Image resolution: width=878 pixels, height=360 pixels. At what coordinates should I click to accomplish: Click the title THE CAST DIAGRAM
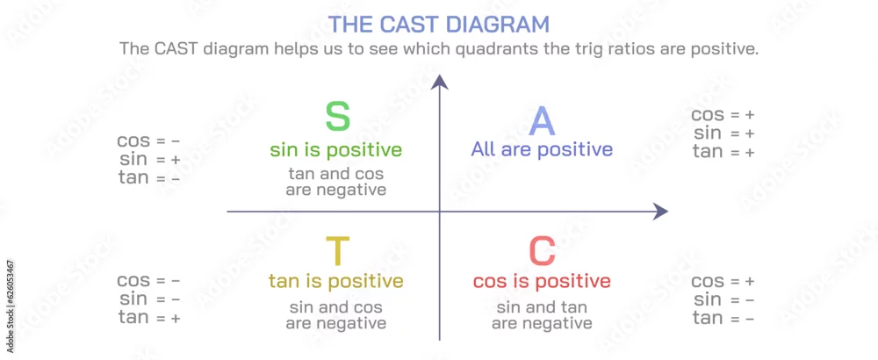pyautogui.click(x=438, y=24)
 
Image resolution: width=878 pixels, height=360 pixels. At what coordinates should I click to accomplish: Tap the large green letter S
pyautogui.click(x=338, y=117)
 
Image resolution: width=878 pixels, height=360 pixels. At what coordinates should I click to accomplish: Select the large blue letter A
pyautogui.click(x=542, y=121)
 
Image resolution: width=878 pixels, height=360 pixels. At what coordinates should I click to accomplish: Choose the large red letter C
pyautogui.click(x=542, y=251)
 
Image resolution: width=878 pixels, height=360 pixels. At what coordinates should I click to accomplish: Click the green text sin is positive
pyautogui.click(x=336, y=150)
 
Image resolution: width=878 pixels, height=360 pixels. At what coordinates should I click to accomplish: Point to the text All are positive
pyautogui.click(x=542, y=149)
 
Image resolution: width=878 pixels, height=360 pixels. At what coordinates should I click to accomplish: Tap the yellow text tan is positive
pyautogui.click(x=336, y=280)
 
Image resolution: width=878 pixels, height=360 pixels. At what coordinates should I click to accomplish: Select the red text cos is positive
pyautogui.click(x=542, y=280)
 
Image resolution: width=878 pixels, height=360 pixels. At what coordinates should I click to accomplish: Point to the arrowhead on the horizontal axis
pyautogui.click(x=661, y=212)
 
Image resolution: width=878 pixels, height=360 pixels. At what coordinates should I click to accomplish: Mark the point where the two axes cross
pyautogui.click(x=440, y=212)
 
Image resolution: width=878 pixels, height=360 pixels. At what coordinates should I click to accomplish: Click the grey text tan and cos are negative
pyautogui.click(x=336, y=182)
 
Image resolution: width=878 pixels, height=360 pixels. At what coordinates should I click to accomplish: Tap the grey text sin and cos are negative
pyautogui.click(x=336, y=315)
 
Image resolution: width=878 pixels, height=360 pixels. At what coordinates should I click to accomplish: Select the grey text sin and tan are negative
pyautogui.click(x=542, y=315)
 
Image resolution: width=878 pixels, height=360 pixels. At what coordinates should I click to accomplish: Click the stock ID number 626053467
pyautogui.click(x=11, y=292)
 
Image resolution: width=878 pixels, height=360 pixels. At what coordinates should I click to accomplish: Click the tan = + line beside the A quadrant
pyautogui.click(x=723, y=151)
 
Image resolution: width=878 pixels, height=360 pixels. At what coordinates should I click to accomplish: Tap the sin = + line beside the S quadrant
pyautogui.click(x=149, y=160)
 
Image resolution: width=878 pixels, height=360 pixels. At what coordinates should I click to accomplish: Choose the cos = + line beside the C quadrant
pyautogui.click(x=723, y=282)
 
